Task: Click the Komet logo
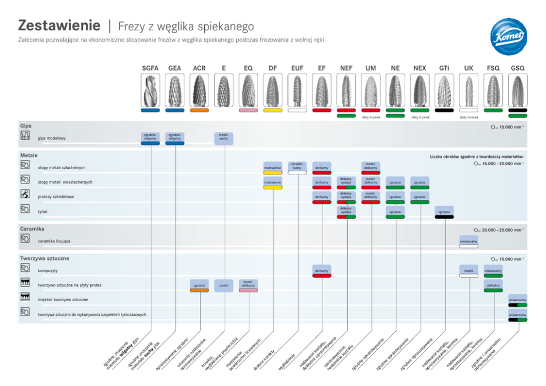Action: click(509, 37)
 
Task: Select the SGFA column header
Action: click(150, 68)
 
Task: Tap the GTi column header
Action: click(444, 68)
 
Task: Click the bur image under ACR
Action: click(199, 90)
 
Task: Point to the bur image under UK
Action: click(469, 90)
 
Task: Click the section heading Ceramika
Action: click(32, 229)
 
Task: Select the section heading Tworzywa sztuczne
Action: click(45, 258)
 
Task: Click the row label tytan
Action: click(42, 211)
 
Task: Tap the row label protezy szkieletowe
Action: click(56, 197)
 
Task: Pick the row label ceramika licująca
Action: click(54, 241)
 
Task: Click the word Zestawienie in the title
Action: click(59, 25)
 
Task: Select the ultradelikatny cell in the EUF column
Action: click(297, 166)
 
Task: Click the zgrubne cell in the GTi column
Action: click(444, 212)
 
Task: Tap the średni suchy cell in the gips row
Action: click(223, 138)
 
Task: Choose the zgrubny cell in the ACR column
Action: click(199, 285)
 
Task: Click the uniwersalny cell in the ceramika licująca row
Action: click(468, 241)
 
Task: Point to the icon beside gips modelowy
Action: click(25, 137)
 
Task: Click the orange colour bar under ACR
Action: click(199, 110)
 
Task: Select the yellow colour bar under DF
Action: click(273, 110)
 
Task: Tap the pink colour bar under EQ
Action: click(248, 110)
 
